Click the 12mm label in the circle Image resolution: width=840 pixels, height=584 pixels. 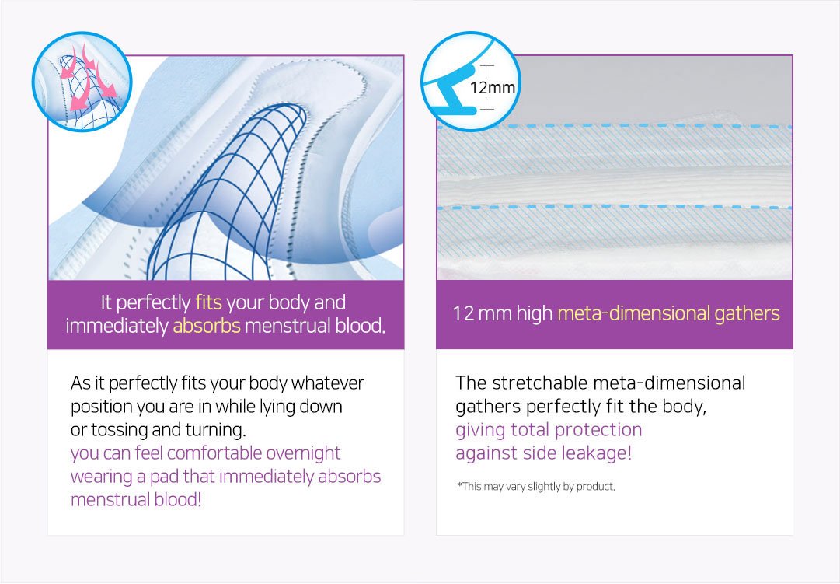[x=493, y=87]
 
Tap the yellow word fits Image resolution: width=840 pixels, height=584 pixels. [x=208, y=302]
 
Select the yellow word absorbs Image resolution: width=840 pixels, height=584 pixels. [x=206, y=326]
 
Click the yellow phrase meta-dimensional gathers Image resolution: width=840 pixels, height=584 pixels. [x=668, y=313]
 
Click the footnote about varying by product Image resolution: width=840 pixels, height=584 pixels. [x=536, y=486]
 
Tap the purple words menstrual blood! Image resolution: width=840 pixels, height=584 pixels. [x=136, y=500]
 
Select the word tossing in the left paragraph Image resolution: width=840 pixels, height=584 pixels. [x=120, y=430]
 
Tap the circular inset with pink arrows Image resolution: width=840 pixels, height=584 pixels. [x=82, y=82]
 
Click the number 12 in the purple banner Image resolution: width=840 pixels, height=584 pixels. [x=463, y=313]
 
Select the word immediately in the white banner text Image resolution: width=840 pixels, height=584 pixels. [x=117, y=326]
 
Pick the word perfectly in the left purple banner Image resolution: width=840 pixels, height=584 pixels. [x=153, y=303]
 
